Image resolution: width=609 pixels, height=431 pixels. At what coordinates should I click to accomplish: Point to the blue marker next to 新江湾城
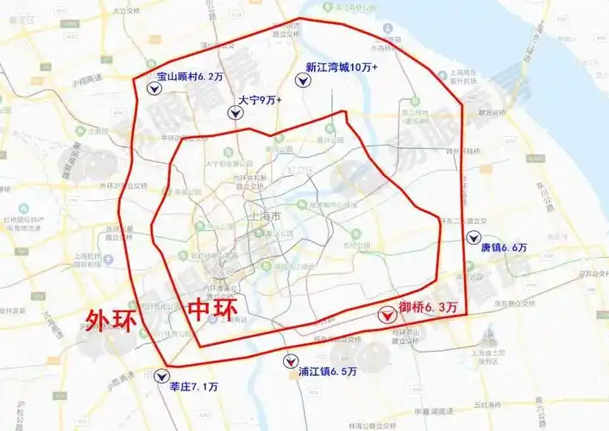coord(303,80)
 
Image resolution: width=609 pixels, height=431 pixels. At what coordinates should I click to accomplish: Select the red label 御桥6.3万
coord(429,305)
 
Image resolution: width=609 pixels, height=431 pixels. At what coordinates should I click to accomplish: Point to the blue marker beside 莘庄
coord(161,376)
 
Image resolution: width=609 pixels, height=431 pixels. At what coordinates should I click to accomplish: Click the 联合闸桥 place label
coord(495,112)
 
